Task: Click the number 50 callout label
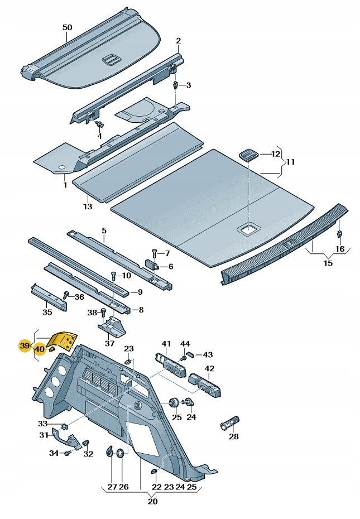click(67, 27)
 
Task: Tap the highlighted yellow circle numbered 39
click(25, 346)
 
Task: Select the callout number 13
click(88, 206)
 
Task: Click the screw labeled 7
click(154, 254)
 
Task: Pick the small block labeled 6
click(152, 265)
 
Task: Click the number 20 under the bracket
click(152, 501)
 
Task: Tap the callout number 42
click(209, 368)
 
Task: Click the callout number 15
click(328, 263)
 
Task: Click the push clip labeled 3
click(176, 85)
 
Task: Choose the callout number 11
click(290, 162)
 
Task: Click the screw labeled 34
click(67, 453)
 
